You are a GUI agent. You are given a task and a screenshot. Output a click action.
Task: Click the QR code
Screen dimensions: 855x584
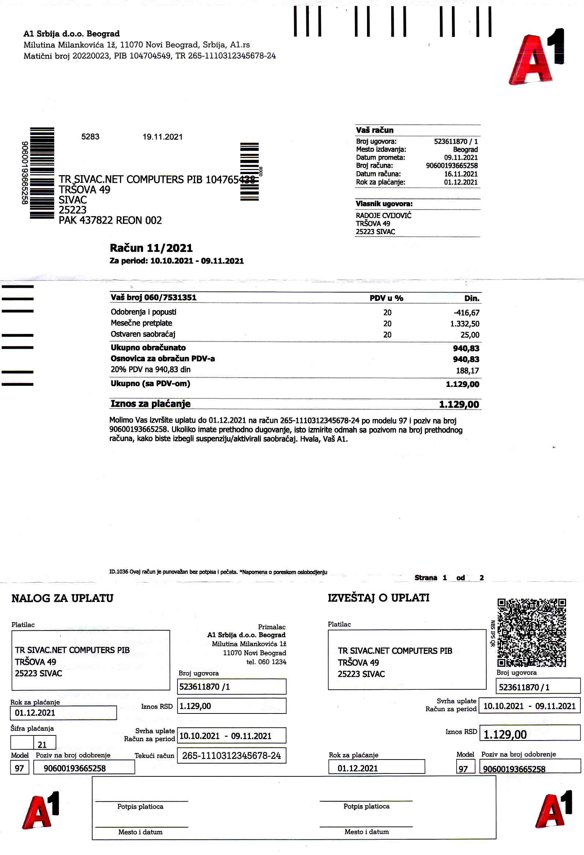531,632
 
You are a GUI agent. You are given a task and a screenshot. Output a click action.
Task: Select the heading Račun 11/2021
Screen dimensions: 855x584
151,248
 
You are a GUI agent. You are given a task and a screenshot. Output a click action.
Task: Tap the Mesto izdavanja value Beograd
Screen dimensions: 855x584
465,149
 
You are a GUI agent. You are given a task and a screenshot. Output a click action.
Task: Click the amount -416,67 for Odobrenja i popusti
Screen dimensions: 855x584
466,313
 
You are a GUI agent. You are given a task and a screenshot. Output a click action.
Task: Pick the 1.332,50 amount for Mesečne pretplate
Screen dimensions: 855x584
464,324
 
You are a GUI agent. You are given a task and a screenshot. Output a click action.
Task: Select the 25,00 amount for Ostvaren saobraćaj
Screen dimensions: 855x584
469,335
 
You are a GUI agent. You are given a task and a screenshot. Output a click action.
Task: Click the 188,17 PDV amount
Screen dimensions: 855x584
467,370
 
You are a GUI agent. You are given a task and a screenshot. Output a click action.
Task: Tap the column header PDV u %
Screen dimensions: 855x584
386,298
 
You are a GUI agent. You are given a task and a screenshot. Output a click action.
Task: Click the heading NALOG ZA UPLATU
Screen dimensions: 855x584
62,598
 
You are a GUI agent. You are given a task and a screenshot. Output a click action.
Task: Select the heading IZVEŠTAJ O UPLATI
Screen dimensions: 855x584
378,598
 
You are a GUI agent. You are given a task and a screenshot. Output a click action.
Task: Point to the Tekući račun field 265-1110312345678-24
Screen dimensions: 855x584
231,755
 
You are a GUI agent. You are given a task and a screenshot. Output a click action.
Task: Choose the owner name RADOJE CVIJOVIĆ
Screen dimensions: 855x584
383,216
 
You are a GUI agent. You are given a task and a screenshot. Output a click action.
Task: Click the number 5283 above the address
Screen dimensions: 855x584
90,137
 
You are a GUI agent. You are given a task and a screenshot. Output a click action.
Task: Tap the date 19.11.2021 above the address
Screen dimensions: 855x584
162,137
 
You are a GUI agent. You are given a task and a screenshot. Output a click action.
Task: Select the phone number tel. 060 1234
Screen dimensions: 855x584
266,662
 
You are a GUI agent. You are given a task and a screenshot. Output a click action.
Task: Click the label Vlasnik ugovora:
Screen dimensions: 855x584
384,204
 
